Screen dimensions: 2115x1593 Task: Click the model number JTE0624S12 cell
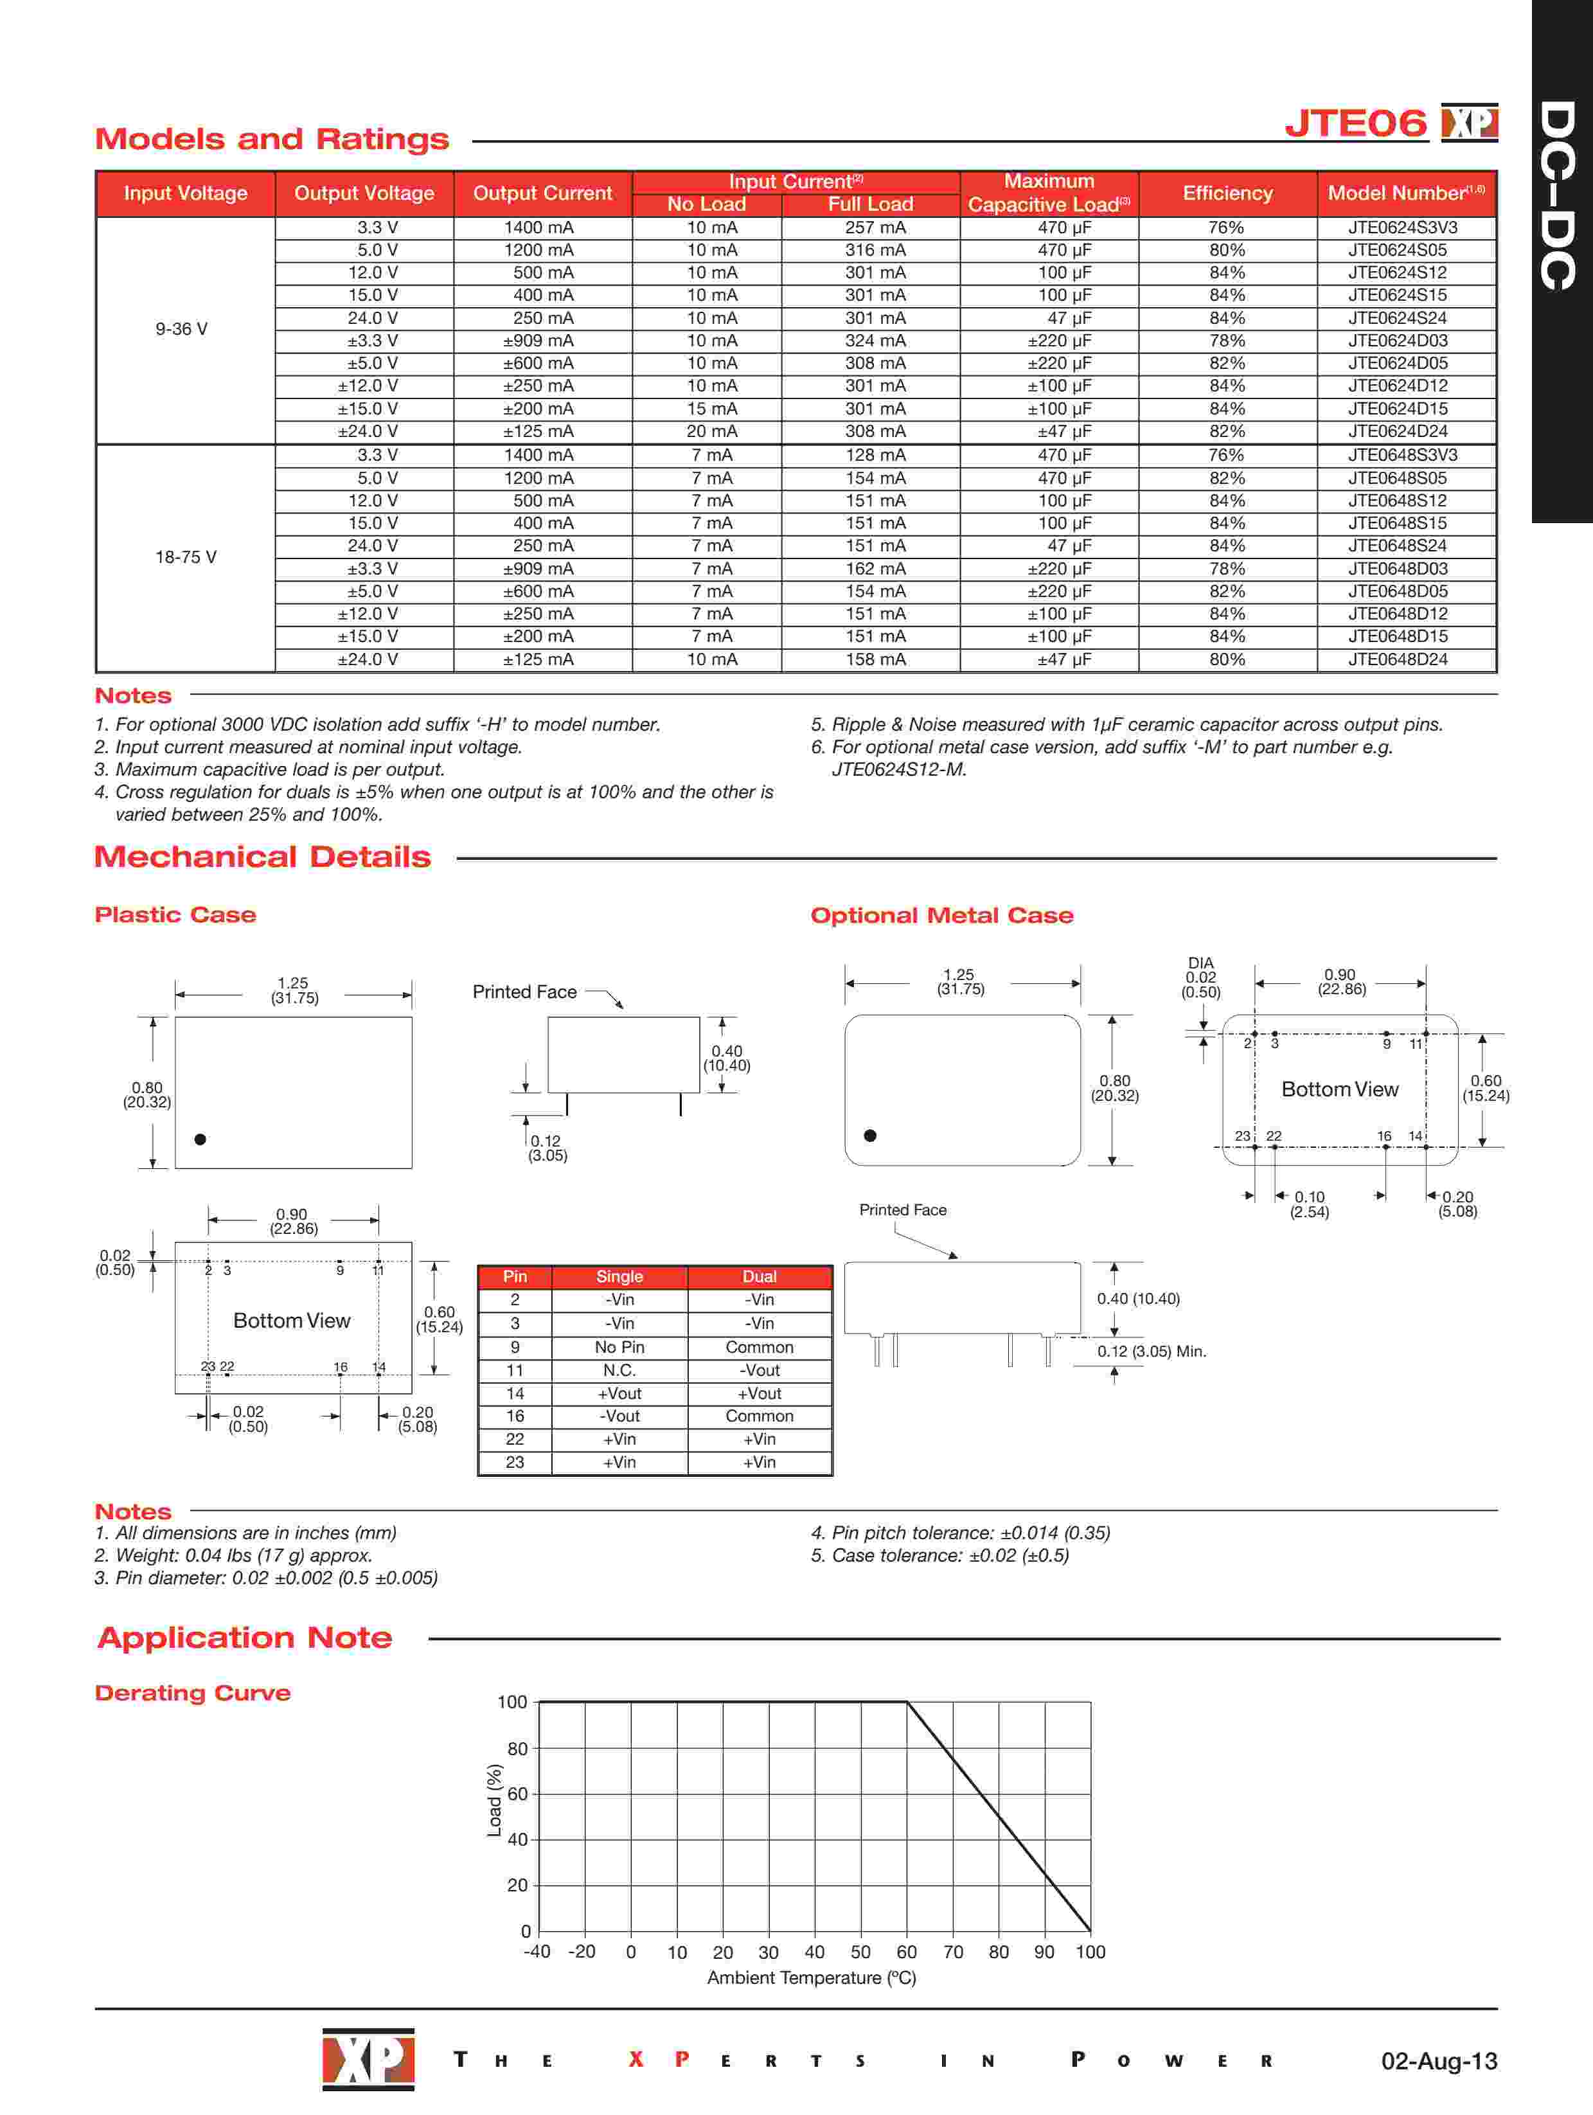coord(1397,272)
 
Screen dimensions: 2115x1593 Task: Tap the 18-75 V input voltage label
coord(186,557)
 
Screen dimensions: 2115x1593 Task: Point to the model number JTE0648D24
coord(1397,660)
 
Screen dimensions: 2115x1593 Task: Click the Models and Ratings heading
coord(272,139)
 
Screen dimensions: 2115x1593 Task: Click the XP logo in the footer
coord(368,2058)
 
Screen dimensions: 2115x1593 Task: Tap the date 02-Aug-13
coord(1438,2060)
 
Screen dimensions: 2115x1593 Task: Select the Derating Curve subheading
coord(192,1693)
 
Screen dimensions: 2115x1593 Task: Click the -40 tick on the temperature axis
coord(537,1952)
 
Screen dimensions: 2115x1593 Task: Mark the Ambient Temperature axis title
coord(811,1977)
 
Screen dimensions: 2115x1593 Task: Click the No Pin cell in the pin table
coord(619,1347)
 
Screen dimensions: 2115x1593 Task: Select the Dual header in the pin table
coord(759,1276)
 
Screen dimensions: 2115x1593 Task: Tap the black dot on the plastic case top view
coord(200,1139)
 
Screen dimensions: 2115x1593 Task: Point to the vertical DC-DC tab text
coord(1558,196)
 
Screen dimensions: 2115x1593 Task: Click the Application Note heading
coord(245,1638)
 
